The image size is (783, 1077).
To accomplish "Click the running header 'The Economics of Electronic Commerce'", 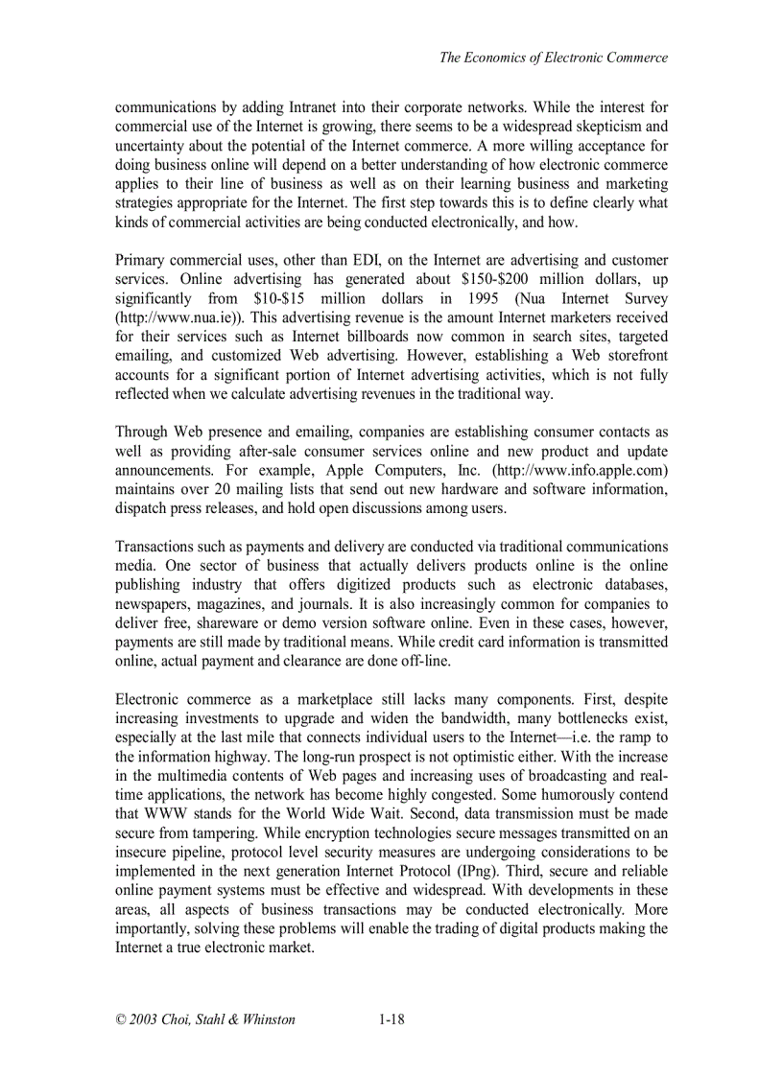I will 553,58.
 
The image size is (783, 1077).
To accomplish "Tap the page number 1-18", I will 391,1019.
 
